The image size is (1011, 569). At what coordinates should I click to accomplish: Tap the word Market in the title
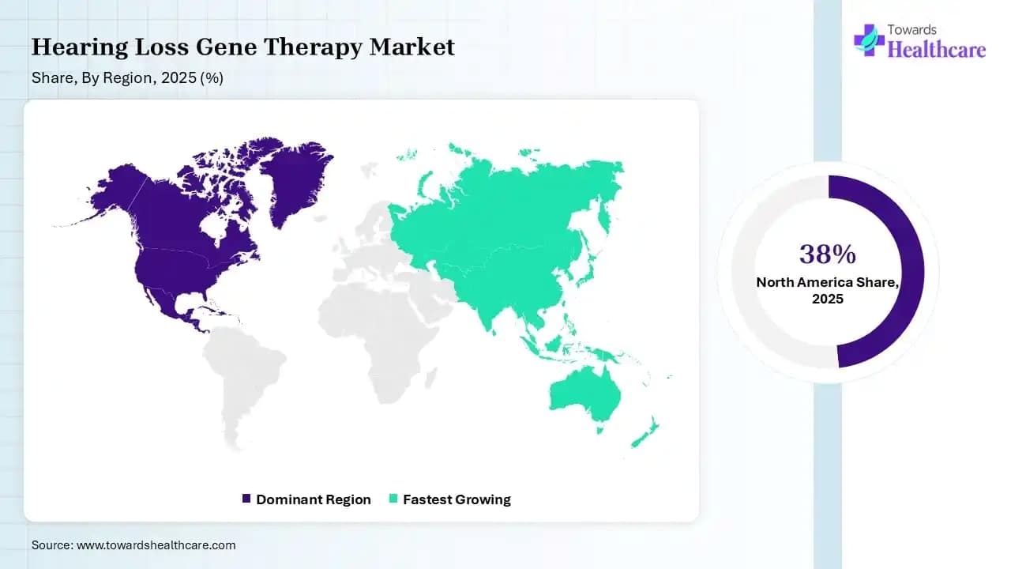coord(412,46)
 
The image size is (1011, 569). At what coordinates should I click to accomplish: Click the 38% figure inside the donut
coord(827,254)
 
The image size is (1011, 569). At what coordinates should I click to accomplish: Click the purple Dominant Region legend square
coord(246,499)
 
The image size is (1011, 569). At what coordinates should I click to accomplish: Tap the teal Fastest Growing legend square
coord(393,499)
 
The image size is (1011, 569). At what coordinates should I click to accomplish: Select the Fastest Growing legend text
coord(457,499)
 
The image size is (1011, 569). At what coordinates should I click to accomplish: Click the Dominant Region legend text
coord(314,499)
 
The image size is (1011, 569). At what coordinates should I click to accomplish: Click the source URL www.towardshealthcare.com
coord(156,545)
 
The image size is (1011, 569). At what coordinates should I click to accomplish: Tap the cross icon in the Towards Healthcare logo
coord(869,40)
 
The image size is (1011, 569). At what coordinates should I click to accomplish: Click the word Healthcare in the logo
coord(937,49)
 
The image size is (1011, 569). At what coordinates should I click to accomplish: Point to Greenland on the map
coord(295,181)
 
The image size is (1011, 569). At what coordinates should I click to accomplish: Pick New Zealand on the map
coord(645,435)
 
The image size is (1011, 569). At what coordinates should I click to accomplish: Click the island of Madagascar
coord(431,378)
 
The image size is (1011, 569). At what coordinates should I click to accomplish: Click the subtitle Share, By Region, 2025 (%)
coord(127,78)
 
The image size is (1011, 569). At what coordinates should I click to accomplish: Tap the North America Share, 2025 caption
coord(827,290)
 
